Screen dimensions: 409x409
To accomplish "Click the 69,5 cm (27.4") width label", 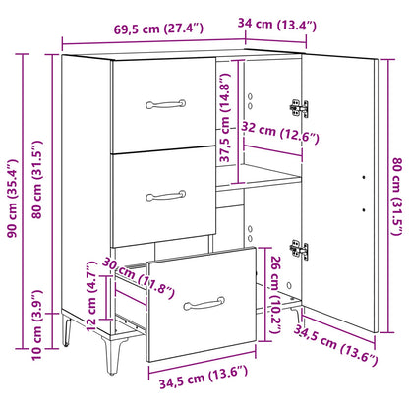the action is [x=158, y=29].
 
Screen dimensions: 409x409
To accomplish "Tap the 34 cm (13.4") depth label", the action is [x=277, y=25].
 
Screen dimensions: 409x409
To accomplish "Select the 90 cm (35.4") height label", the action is [x=13, y=199].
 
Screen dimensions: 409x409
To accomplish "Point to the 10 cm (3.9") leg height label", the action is [x=36, y=324].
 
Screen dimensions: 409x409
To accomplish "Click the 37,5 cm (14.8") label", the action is [x=225, y=117].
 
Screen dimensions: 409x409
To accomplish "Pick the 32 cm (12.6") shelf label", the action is [x=280, y=132].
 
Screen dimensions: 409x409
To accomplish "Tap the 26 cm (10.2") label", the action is [x=276, y=295].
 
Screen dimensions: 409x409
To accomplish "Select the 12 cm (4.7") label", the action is [x=91, y=296].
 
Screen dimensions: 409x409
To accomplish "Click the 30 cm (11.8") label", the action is [x=139, y=278].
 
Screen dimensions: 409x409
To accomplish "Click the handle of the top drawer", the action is [x=166, y=104].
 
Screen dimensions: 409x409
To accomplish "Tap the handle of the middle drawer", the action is [x=166, y=196].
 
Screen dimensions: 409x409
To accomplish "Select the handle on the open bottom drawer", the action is [x=204, y=304].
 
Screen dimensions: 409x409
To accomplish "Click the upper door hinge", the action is [x=299, y=108].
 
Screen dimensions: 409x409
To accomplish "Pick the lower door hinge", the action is [x=299, y=249].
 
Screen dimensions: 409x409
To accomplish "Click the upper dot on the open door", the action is [x=364, y=177].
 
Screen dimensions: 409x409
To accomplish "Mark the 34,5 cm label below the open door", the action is [x=335, y=345].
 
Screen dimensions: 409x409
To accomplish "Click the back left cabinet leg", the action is [x=67, y=328].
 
